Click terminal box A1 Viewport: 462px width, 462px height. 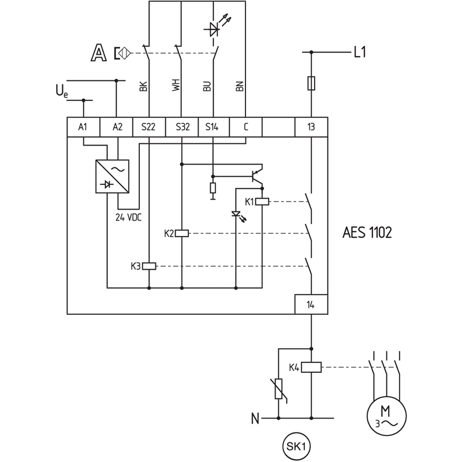pos(84,127)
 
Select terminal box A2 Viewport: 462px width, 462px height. pos(117,127)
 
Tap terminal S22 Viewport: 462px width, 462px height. pos(149,127)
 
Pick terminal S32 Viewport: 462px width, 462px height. pos(182,127)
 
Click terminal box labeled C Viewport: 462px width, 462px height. pos(246,127)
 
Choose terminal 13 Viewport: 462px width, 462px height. pos(311,127)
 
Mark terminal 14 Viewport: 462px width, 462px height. pos(311,304)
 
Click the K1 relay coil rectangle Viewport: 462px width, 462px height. pos(262,202)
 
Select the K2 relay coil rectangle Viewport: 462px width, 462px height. pos(182,234)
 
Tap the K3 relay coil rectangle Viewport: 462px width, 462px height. pos(149,266)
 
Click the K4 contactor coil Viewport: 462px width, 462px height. pos(311,367)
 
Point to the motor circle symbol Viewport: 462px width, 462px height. pos(386,416)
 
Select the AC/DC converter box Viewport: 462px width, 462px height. pos(112,177)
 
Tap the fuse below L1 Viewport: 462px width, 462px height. pos(311,83)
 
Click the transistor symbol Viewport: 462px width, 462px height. pos(256,176)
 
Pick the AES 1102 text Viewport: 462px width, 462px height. pos(367,233)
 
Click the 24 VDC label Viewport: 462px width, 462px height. pos(128,218)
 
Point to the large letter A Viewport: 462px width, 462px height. pos(98,53)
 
